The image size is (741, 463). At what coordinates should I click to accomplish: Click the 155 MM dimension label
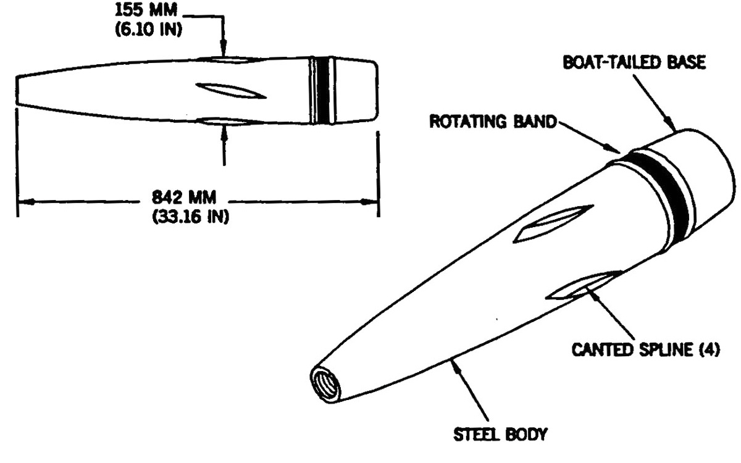tap(146, 10)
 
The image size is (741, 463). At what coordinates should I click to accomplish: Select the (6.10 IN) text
tap(149, 30)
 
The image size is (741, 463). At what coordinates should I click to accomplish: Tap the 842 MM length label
tap(184, 198)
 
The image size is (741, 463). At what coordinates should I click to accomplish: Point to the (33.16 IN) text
tap(191, 217)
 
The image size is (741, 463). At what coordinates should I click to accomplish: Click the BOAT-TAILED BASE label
tap(634, 62)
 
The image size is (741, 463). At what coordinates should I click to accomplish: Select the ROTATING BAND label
tap(493, 122)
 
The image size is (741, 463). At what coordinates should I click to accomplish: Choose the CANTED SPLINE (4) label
tap(646, 349)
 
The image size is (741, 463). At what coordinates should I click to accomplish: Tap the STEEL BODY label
tap(500, 434)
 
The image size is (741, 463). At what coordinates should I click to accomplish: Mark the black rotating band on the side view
tap(322, 90)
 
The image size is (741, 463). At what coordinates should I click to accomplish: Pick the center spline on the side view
tap(231, 91)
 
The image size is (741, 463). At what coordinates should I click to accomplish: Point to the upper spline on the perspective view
tap(553, 224)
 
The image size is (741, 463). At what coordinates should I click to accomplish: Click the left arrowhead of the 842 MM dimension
tap(26, 201)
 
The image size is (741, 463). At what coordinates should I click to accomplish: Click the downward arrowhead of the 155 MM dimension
tap(224, 49)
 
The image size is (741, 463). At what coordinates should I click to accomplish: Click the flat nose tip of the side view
tap(17, 91)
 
